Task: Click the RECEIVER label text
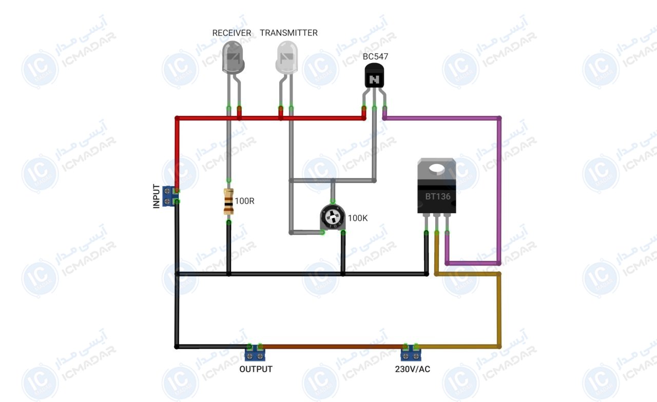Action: pos(231,33)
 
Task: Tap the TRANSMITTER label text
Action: pos(288,33)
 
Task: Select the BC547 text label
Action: pos(375,56)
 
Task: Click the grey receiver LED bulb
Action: pos(233,57)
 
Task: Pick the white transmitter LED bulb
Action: pos(286,57)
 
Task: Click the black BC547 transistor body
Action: pos(374,75)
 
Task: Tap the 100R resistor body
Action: pos(228,202)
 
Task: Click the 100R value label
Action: pos(245,201)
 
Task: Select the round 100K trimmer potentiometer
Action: pos(333,217)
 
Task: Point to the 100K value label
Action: pos(358,218)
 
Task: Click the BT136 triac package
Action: pos(437,186)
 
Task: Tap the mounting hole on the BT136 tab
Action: pos(437,169)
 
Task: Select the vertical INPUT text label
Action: pos(157,196)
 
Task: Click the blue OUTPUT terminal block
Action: pos(255,353)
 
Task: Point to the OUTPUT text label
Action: pos(256,369)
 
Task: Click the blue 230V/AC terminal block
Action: pos(411,353)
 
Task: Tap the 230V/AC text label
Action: pos(412,369)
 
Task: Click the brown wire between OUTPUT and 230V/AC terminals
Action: pos(333,347)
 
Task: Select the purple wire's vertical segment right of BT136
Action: pos(499,190)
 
